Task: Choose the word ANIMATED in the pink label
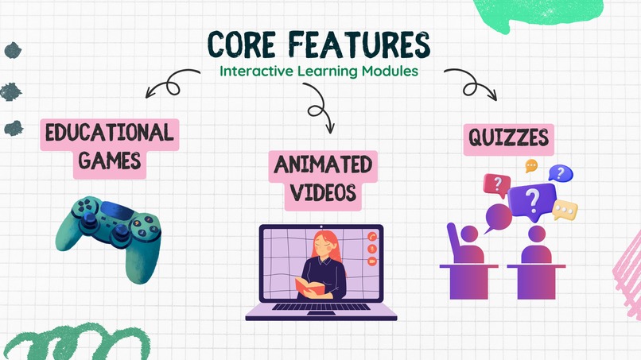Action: click(323, 165)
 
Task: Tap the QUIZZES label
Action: click(507, 139)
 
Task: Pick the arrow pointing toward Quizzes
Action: click(474, 84)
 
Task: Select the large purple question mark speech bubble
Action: click(533, 202)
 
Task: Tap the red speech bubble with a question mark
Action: click(497, 185)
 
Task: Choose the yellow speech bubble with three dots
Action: click(565, 211)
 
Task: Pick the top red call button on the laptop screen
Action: click(371, 237)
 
